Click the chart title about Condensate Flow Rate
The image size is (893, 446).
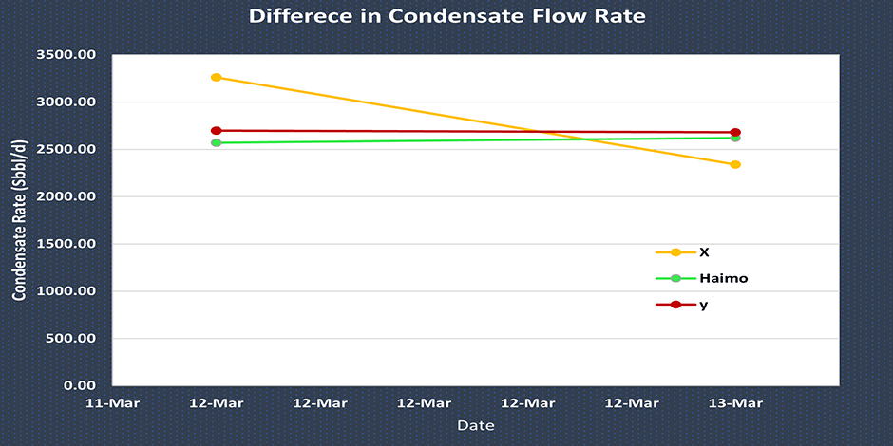(x=446, y=16)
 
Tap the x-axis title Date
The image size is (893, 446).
(x=475, y=425)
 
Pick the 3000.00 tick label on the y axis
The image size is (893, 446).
(x=67, y=102)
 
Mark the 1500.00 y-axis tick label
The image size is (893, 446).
(x=67, y=244)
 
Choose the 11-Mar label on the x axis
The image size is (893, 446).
(x=112, y=402)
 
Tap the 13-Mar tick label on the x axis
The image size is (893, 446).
(x=735, y=402)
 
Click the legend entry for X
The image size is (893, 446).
(x=703, y=252)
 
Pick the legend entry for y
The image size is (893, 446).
(x=703, y=305)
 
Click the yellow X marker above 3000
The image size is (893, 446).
(x=216, y=78)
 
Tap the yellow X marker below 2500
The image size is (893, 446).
(x=735, y=165)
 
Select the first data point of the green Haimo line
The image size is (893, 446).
(x=216, y=142)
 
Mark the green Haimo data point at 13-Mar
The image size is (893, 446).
(x=735, y=139)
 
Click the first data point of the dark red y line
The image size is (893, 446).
(x=216, y=131)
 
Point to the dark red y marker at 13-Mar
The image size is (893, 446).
(x=735, y=133)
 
